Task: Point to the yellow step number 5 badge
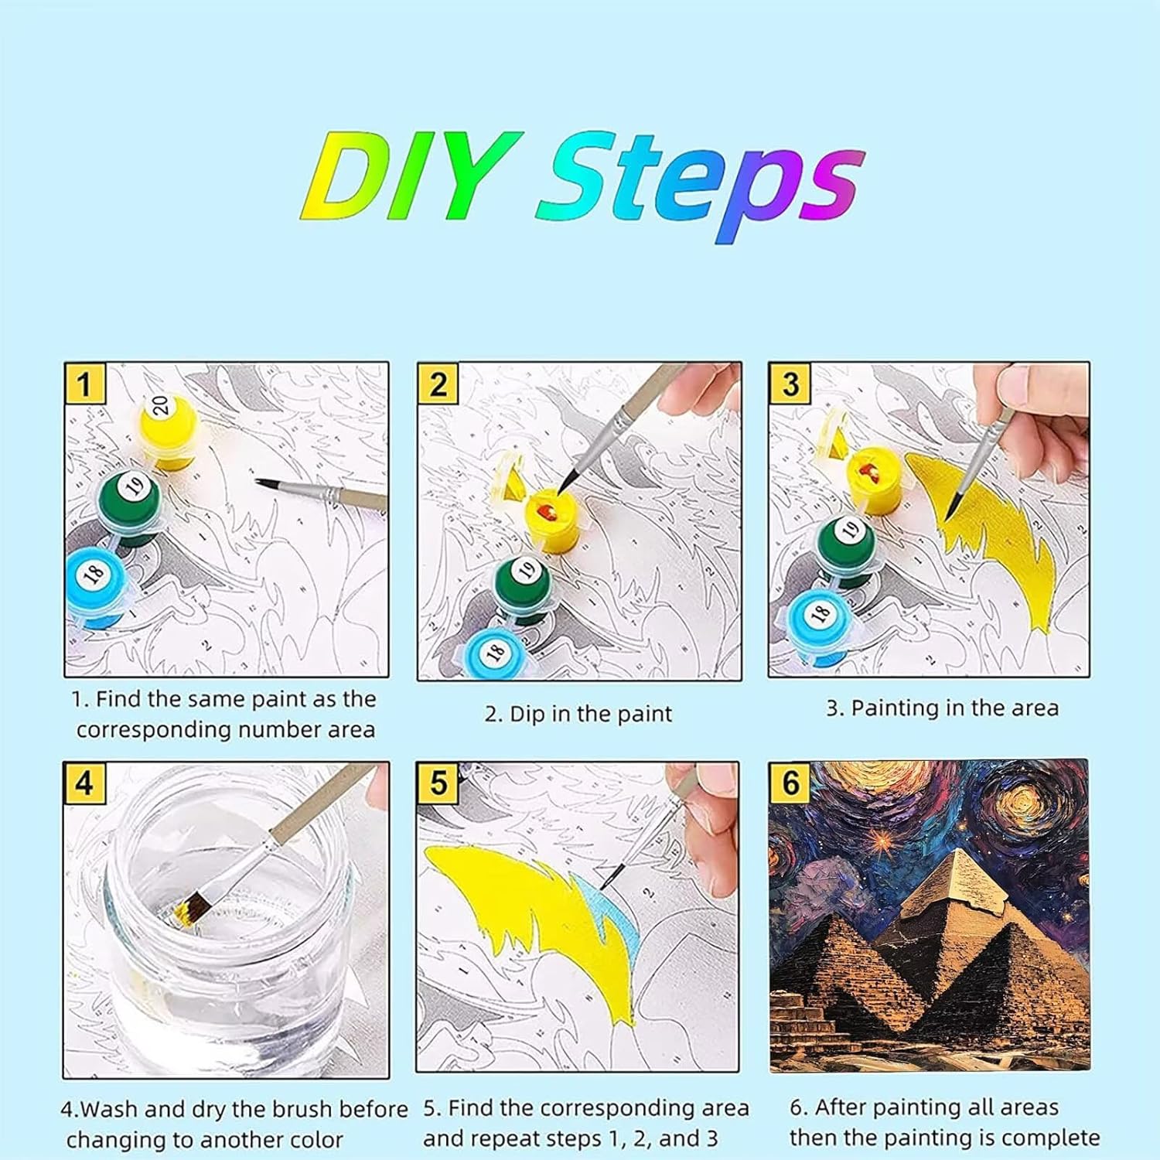[438, 783]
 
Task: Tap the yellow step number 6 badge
[790, 783]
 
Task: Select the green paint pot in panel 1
[129, 503]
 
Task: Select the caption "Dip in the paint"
[591, 714]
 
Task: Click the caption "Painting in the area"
[955, 708]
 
